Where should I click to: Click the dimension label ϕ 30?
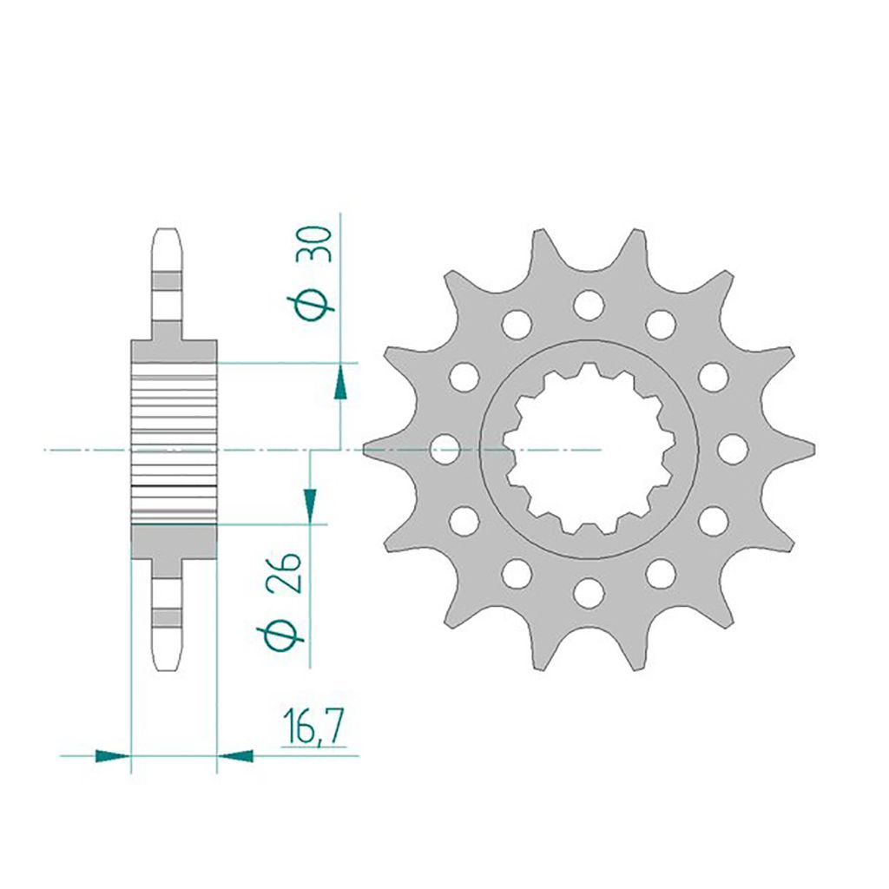coord(314,273)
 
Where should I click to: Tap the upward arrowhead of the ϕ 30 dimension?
coord(340,382)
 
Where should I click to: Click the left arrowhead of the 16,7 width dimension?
coord(113,755)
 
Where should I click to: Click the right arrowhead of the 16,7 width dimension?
coord(235,755)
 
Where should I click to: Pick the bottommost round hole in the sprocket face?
coord(589,593)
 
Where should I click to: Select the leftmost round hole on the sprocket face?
coord(445,449)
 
